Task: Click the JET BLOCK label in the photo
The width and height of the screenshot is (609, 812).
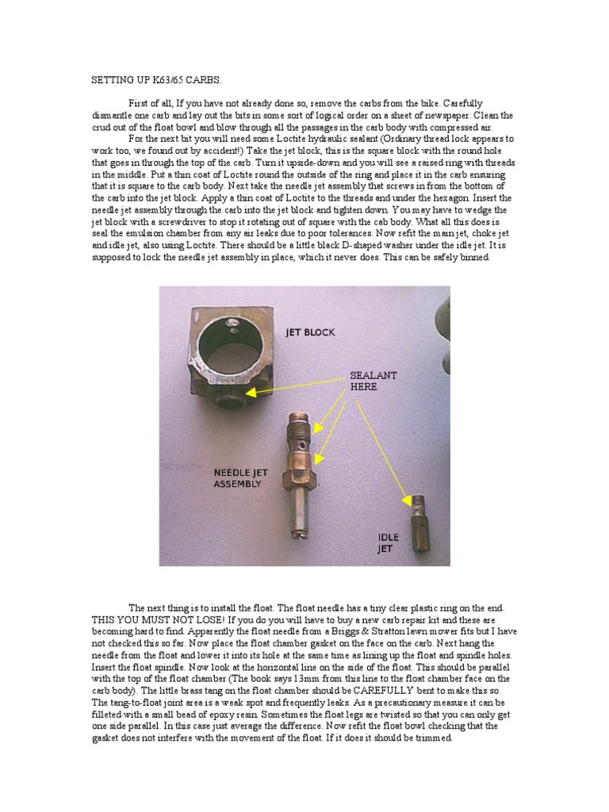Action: (x=310, y=332)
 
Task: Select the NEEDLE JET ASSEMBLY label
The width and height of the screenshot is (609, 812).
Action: (x=240, y=477)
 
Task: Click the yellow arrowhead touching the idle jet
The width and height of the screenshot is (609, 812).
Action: (x=408, y=501)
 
